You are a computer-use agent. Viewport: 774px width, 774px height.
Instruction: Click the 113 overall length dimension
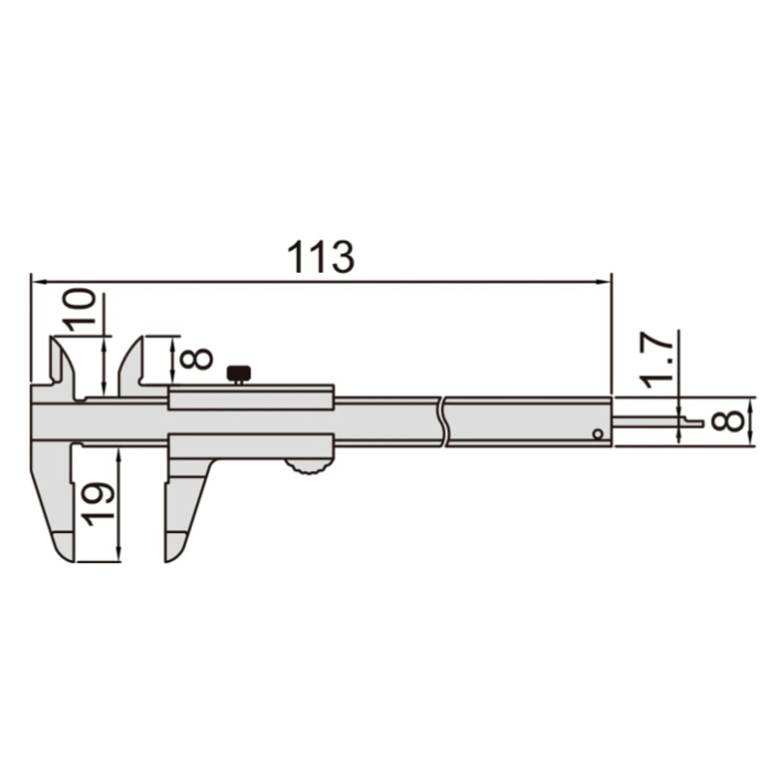tap(321, 257)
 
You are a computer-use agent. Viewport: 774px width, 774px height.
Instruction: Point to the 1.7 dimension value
tap(657, 361)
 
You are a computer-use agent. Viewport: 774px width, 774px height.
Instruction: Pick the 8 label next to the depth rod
tap(732, 421)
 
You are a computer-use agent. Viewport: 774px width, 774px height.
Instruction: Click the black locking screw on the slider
tap(237, 372)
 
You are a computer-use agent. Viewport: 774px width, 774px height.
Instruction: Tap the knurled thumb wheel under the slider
tap(308, 469)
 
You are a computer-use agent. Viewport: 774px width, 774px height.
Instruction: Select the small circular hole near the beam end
tap(598, 434)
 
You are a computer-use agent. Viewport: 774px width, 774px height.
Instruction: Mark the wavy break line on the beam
tap(442, 423)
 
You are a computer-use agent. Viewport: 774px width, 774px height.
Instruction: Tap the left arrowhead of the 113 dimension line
tap(37, 282)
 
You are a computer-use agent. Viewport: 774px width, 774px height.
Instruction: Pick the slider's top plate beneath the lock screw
tap(252, 398)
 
